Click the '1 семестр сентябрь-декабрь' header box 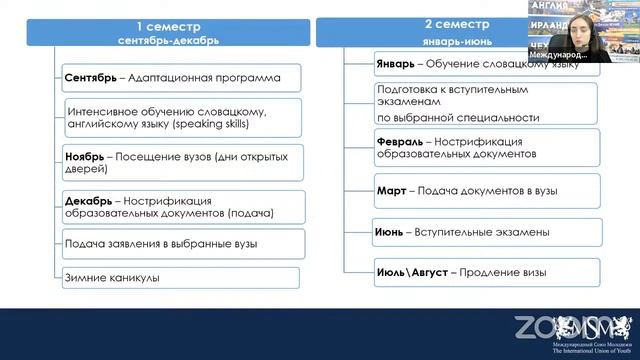[167, 32]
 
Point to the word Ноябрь [87, 156]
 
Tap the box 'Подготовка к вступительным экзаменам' [486, 102]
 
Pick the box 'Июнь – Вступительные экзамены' [486, 231]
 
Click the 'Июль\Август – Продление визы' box [486, 271]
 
